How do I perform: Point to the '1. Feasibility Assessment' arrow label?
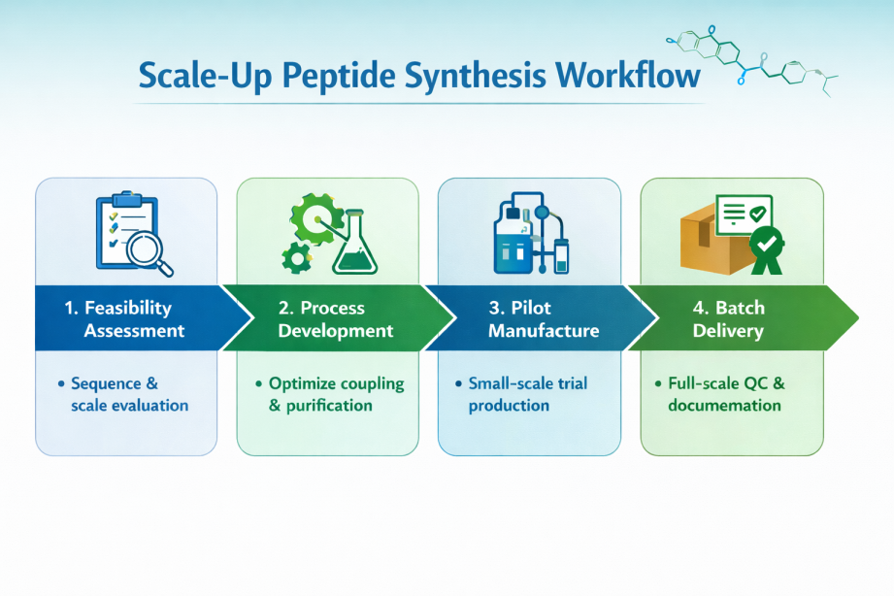tap(126, 319)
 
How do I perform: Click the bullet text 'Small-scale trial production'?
tap(529, 394)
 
